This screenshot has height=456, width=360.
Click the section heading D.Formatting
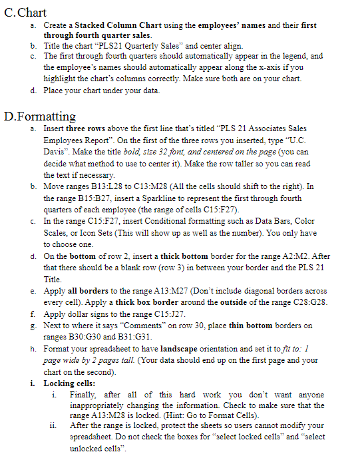tap(40, 117)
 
